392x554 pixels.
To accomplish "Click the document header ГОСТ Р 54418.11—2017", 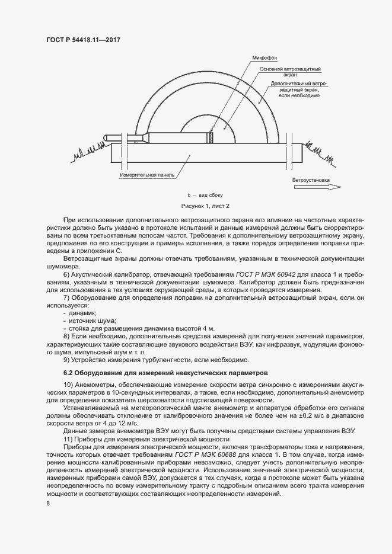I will tap(87, 39).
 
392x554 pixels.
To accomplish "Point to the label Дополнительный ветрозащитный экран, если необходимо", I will tap(299, 89).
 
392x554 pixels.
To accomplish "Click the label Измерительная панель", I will tap(146, 175).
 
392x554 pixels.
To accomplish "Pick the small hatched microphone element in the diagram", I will tap(209, 137).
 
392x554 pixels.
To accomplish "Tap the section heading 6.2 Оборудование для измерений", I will tap(166, 373).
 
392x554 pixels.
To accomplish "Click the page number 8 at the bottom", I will tap(48, 504).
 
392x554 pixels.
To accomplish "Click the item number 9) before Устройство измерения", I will tap(66, 359).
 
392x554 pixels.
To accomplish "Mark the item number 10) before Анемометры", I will tap(68, 385).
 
